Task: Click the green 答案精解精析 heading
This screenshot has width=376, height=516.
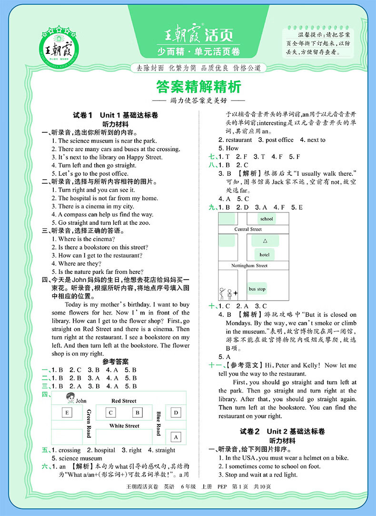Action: [199, 87]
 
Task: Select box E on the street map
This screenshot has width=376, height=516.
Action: [68, 413]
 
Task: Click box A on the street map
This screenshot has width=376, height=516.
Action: [176, 436]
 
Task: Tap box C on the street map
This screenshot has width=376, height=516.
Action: [110, 413]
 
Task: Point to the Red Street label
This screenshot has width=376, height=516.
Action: [124, 401]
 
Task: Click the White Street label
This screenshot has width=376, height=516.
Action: [124, 425]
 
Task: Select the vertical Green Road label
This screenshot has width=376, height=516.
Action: [89, 423]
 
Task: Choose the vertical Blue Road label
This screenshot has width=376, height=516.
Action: [158, 423]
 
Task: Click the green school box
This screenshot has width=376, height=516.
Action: [267, 219]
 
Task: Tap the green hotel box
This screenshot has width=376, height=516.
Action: [265, 254]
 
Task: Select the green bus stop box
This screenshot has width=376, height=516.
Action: [257, 289]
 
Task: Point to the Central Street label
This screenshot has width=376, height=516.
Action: [248, 229]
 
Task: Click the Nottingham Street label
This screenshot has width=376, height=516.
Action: [249, 265]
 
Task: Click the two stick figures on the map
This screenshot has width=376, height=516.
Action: [225, 293]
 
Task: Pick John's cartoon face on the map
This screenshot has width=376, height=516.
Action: [69, 397]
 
